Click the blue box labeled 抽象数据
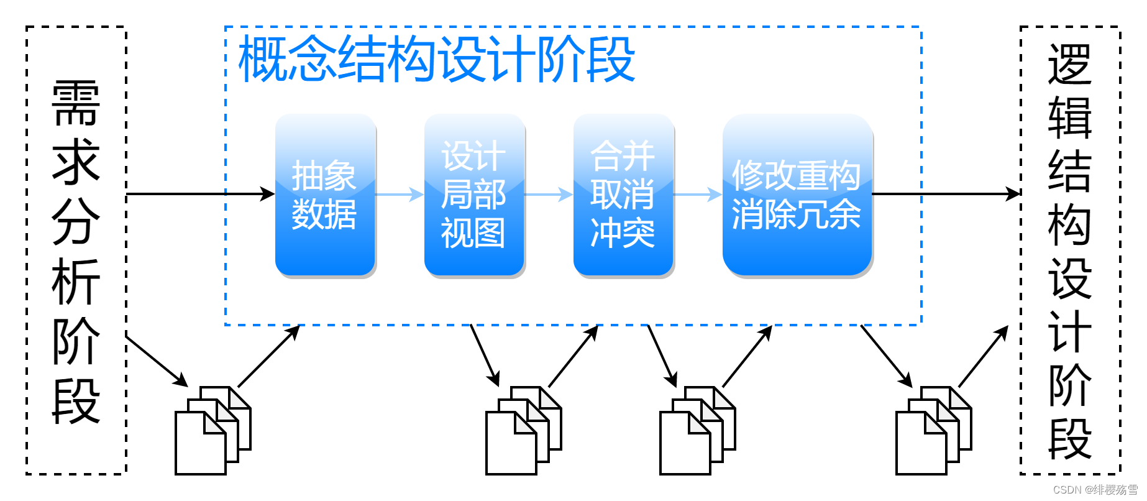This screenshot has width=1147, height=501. [325, 195]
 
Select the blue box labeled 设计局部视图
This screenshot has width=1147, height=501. [474, 195]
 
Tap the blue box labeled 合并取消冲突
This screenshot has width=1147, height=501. [623, 195]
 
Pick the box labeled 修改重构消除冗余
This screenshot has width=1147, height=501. [797, 195]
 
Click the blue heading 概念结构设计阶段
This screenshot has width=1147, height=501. [436, 59]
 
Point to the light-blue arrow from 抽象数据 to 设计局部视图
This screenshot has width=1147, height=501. [400, 195]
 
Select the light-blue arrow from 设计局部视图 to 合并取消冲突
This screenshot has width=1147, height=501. [549, 195]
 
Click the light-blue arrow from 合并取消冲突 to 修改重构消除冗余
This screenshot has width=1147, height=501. [698, 195]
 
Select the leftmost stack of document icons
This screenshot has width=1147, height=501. [212, 430]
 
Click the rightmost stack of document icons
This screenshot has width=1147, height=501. [933, 430]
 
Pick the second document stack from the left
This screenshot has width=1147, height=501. [523, 430]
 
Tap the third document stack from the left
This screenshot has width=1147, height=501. [697, 430]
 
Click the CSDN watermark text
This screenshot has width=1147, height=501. [1095, 490]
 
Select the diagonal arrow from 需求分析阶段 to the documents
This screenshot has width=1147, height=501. [157, 361]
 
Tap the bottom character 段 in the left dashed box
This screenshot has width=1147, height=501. [76, 402]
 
